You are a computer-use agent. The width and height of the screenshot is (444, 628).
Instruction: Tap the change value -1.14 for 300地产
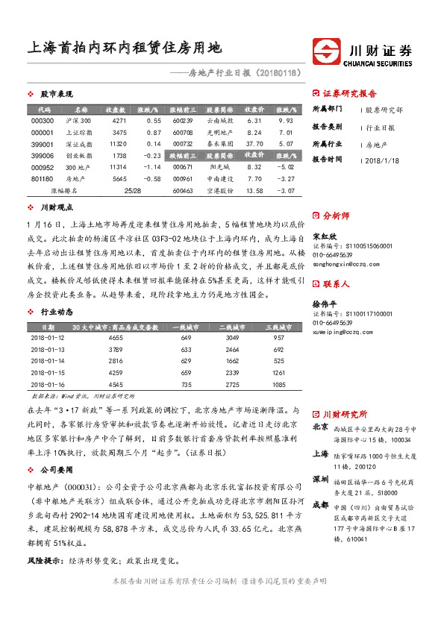pyautogui.click(x=153, y=168)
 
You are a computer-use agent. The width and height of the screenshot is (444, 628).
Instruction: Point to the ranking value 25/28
pyautogui.click(x=134, y=191)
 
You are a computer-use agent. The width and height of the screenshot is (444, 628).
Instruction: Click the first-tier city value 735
pyautogui.click(x=186, y=383)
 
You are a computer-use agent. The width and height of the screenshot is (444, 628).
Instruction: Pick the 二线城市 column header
pyautogui.click(x=232, y=327)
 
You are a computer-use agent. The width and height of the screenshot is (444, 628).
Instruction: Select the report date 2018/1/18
pyautogui.click(x=384, y=160)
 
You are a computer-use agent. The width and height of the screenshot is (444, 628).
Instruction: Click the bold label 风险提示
pyautogui.click(x=43, y=559)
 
